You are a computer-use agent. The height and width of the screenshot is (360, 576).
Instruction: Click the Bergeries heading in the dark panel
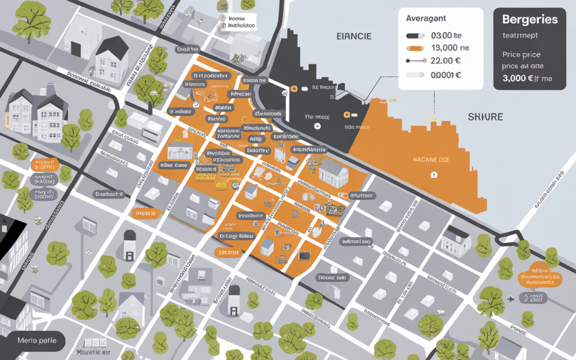(x=530, y=19)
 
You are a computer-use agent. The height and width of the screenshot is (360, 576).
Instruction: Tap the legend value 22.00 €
(x=446, y=61)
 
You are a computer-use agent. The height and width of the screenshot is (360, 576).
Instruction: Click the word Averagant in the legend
(x=426, y=18)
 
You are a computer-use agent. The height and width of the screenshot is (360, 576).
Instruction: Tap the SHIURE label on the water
(x=485, y=116)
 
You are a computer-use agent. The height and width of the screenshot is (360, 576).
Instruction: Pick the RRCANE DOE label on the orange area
(x=433, y=159)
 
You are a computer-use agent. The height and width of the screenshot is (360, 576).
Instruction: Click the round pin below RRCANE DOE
(x=433, y=175)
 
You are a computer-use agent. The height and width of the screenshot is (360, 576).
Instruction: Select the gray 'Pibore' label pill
(x=333, y=277)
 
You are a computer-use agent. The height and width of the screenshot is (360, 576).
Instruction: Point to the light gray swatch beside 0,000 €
(x=415, y=75)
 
